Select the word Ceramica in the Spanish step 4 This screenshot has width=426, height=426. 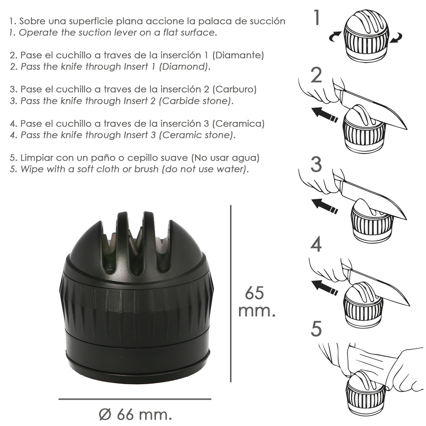coord(238,124)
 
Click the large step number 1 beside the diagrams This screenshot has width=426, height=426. coord(316,17)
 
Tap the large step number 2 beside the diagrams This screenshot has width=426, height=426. coord(316,75)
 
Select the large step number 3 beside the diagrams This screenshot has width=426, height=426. coord(316,164)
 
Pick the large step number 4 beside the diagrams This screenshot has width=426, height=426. coord(316,244)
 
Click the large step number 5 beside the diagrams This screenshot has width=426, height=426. coord(316,329)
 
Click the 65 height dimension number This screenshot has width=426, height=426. coord(254,293)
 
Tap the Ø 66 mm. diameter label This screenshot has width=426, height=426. coord(135,414)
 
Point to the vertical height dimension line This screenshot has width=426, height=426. coord(230,294)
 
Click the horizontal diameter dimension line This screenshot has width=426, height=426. coord(135,399)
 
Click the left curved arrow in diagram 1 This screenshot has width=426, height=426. coord(335,36)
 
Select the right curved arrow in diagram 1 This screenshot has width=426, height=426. coord(396,38)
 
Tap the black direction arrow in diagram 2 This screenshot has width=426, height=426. coord(324,115)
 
